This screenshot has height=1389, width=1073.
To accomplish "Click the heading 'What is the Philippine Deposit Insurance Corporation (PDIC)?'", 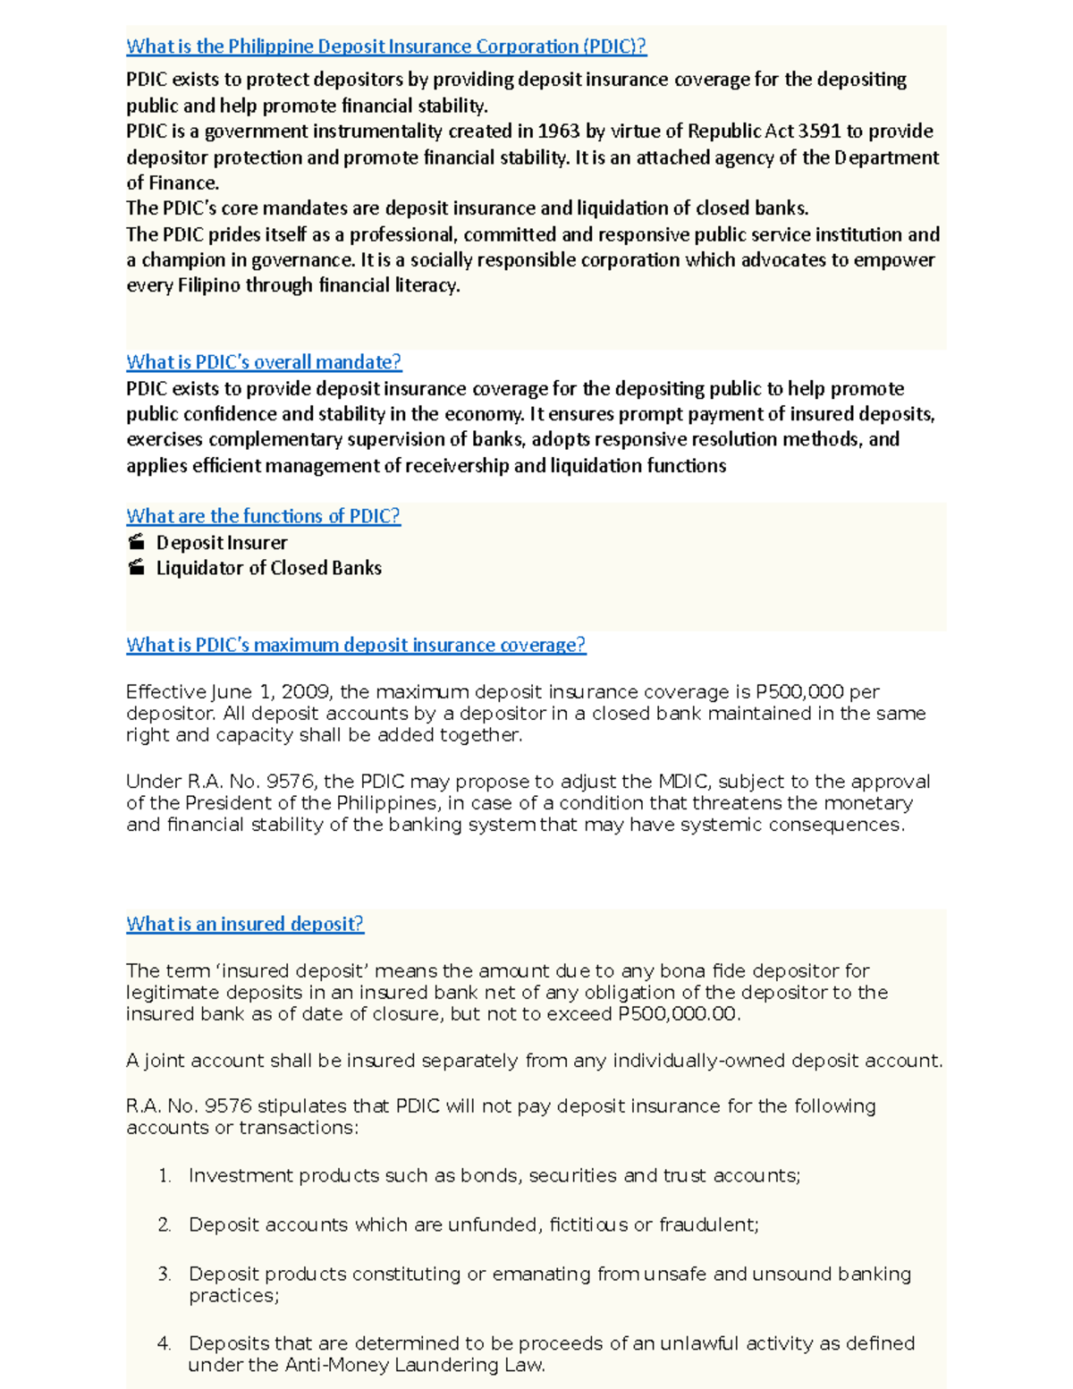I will pos(385,47).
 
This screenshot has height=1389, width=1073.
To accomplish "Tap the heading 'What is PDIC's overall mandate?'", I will pos(264,362).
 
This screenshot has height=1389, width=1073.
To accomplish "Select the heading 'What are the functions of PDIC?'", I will pos(263,516).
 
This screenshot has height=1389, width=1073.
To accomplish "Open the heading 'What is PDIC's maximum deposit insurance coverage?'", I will pos(356,645).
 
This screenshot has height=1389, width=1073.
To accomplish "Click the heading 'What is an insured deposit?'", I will pos(244,924).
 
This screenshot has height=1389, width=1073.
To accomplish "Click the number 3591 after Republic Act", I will pos(819,131).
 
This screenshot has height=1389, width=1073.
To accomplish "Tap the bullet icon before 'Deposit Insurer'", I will pos(136,542).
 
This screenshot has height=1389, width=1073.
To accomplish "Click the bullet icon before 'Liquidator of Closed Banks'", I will pos(136,567).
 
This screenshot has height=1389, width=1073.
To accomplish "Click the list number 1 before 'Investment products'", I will pos(165,1176).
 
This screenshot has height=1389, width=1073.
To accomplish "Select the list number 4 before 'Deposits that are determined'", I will pos(164,1343).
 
